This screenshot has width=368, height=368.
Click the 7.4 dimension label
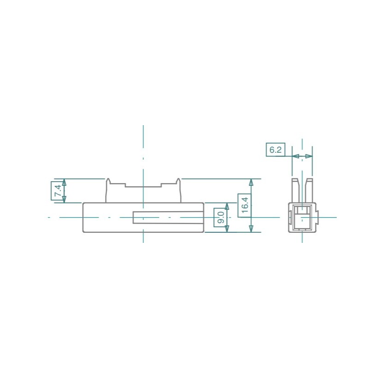tap(58, 191)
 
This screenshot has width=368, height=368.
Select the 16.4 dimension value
tap(245, 205)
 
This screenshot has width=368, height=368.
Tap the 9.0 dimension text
tap(221, 217)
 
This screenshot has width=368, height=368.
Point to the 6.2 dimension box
tap(276, 149)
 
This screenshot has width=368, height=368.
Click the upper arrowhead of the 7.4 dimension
tap(64, 183)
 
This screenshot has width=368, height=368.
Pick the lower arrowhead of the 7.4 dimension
tap(64, 199)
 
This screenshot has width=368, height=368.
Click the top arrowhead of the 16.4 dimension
tap(251, 183)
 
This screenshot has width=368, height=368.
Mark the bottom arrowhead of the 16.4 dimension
tap(251, 228)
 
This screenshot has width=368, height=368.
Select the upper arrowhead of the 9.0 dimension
tap(227, 207)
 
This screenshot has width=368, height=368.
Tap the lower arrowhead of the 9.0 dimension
tap(227, 229)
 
